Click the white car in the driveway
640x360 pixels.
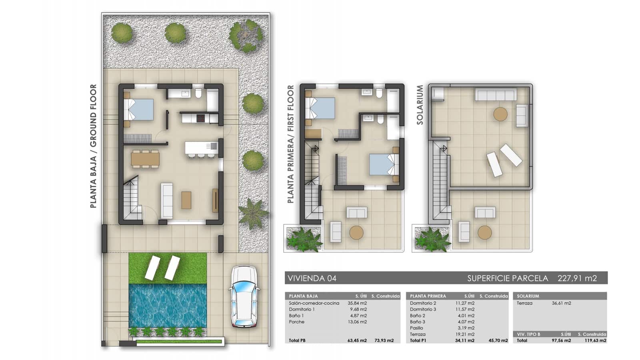(x=244, y=297)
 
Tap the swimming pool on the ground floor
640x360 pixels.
(x=168, y=305)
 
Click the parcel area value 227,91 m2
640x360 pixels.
(x=577, y=278)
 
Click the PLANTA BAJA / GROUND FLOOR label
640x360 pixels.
(x=93, y=146)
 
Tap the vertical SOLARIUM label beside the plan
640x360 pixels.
(x=420, y=105)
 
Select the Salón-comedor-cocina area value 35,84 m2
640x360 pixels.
(x=357, y=303)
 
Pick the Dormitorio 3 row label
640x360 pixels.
(x=423, y=309)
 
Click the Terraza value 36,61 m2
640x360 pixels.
(x=561, y=303)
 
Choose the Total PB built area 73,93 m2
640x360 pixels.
(x=384, y=341)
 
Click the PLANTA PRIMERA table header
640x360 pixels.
(x=428, y=296)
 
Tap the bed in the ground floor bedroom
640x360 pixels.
(x=138, y=109)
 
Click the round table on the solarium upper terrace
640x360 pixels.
(x=500, y=114)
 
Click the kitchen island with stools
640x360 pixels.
(x=201, y=148)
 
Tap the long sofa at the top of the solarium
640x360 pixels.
(x=495, y=94)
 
